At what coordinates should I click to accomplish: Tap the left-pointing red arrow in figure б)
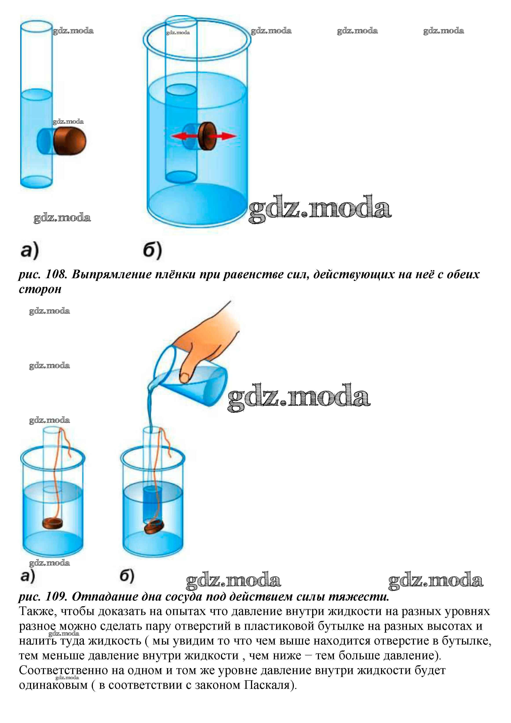click(185, 136)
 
